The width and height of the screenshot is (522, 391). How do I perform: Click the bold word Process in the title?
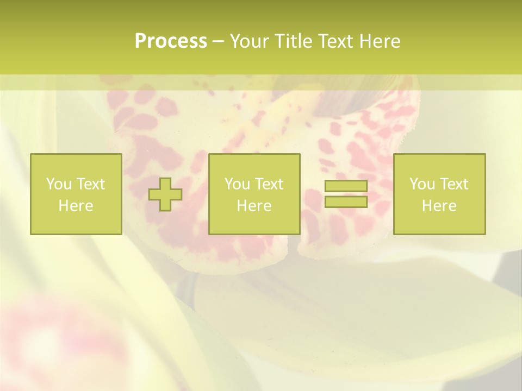tap(171, 41)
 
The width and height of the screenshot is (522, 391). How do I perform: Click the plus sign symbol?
tap(165, 194)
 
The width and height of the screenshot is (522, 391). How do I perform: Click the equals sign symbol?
tap(346, 194)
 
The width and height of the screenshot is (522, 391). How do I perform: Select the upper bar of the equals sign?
tap(346, 186)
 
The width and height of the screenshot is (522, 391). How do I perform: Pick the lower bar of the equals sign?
tap(346, 201)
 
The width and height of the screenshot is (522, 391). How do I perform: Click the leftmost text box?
tap(76, 194)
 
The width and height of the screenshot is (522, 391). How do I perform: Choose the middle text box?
tap(254, 194)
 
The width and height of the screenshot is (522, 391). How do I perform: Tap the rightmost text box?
tap(439, 194)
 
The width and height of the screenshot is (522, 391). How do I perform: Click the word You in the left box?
tap(58, 184)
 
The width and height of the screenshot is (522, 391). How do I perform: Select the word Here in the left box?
tap(76, 206)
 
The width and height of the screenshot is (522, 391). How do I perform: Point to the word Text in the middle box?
tap(270, 184)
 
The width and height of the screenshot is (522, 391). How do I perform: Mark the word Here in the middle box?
tap(254, 206)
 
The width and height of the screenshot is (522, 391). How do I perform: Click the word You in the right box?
tap(422, 184)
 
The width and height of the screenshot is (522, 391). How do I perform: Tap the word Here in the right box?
tap(439, 206)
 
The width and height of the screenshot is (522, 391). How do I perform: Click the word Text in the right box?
tap(455, 184)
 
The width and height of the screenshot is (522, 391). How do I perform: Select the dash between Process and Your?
tap(219, 42)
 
